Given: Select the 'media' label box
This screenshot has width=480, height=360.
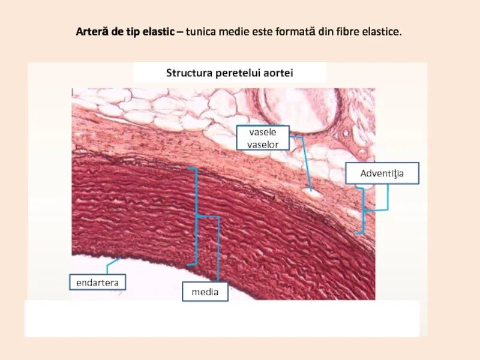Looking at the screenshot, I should point(205,293).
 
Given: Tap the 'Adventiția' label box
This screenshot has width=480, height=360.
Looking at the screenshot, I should point(382,174).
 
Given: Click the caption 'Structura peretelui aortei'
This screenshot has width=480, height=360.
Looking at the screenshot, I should point(229,73).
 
